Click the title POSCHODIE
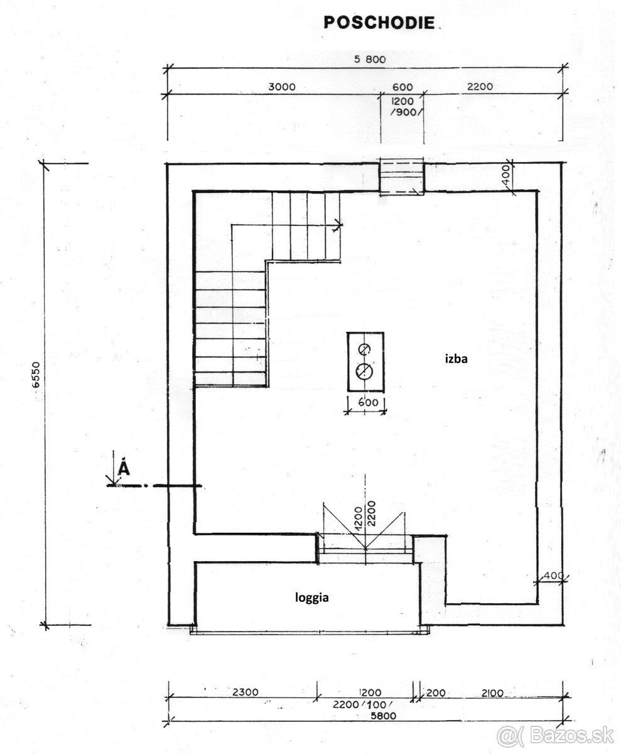tap(379, 23)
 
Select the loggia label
tap(311, 598)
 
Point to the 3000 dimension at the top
tap(281, 87)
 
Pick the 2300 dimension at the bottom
tap(245, 692)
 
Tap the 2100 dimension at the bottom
tap(493, 692)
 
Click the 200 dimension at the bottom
tap(435, 692)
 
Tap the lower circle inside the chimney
tap(364, 372)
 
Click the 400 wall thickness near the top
tap(507, 177)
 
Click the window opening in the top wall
tap(401, 178)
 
